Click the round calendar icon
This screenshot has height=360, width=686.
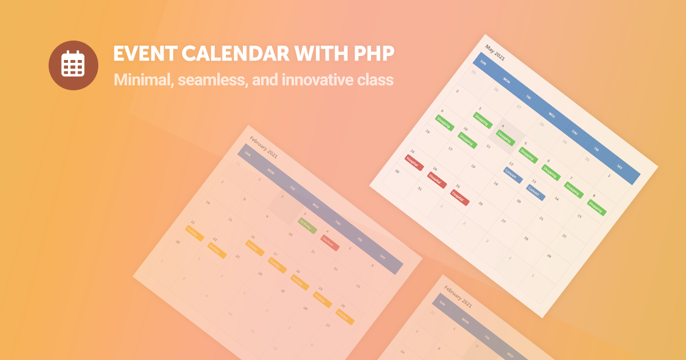tap(73, 65)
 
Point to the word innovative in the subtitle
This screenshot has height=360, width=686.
tap(321, 79)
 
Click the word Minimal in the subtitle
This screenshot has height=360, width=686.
tap(142, 79)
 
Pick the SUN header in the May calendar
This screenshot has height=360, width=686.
tap(484, 62)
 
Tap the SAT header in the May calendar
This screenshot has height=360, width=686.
tap(619, 167)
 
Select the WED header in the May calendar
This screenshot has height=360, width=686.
tap(552, 115)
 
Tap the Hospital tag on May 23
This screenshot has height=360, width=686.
tap(414, 162)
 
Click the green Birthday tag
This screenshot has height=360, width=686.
tap(307, 225)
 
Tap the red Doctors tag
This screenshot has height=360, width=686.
tap(330, 242)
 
